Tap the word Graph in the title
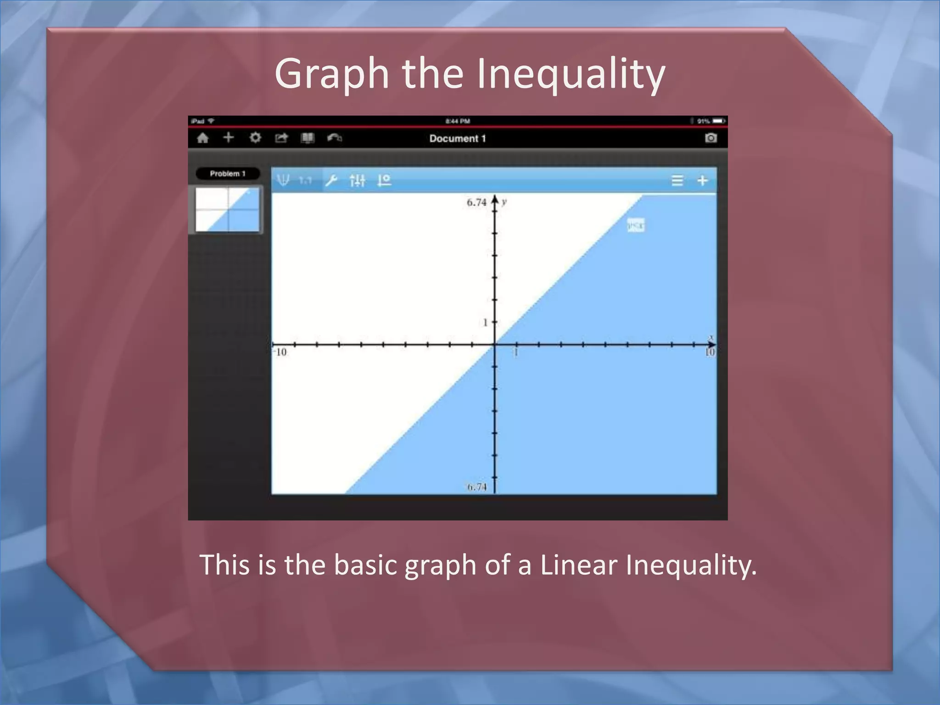332,74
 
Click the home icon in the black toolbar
202,138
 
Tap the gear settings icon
255,138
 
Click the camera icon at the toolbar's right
711,138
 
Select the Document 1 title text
457,139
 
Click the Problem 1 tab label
228,173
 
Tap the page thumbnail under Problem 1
227,209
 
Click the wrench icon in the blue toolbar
331,180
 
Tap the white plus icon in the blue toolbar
702,180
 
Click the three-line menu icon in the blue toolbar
677,180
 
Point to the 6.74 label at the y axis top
476,202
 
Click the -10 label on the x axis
280,352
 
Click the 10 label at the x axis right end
710,352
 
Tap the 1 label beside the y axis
485,323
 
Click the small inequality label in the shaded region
636,225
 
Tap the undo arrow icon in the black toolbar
334,138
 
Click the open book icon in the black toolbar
308,138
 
